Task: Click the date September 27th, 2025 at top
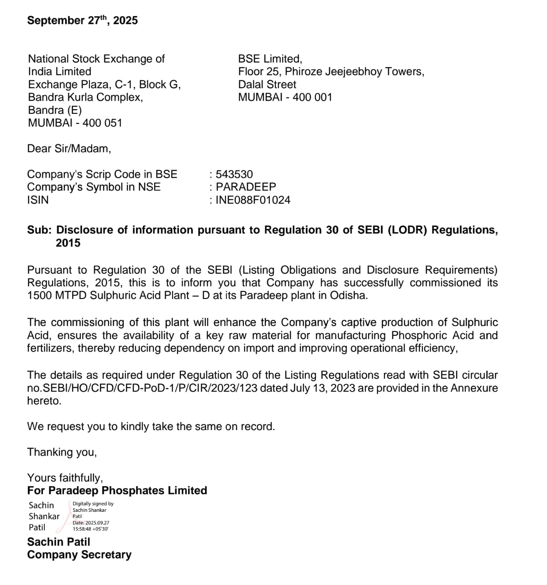tap(82, 21)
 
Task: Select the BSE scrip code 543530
tap(234, 174)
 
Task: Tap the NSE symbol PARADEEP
tap(246, 187)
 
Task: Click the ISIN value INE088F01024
tap(253, 200)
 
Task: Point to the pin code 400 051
tap(102, 123)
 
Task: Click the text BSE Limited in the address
tap(269, 59)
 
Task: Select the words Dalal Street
tap(267, 85)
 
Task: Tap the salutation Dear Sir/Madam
tap(69, 149)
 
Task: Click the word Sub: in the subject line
tap(39, 230)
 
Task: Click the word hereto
tap(44, 401)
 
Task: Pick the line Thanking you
tap(62, 452)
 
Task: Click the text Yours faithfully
tap(65, 478)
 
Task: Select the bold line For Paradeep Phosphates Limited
tap(117, 490)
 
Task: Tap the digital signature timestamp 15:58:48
tap(82, 529)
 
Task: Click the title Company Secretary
tap(79, 555)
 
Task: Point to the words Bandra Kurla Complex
tap(85, 97)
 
